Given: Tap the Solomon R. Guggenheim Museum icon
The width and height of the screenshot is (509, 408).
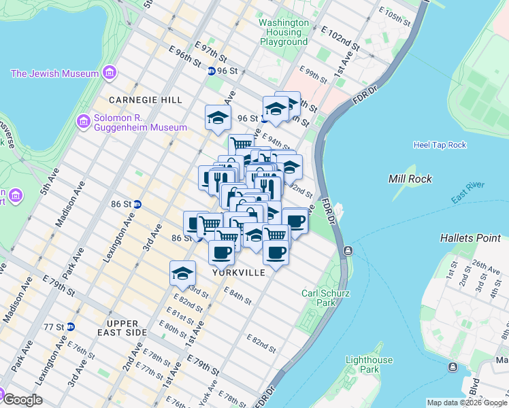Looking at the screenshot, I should click(84, 122).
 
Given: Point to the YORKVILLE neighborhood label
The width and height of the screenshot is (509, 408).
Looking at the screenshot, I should click(238, 272).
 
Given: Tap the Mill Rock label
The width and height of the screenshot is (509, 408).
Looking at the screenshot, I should click(407, 179).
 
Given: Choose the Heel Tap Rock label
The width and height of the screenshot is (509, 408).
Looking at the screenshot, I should click(440, 145).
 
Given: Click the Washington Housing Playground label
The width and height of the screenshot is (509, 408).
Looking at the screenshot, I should click(284, 32).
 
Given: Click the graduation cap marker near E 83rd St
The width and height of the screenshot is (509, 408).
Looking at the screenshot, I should click(182, 273).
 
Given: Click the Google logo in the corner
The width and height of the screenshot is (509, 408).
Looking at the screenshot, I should click(22, 400).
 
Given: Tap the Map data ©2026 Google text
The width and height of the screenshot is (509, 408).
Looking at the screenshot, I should click(467, 403).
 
